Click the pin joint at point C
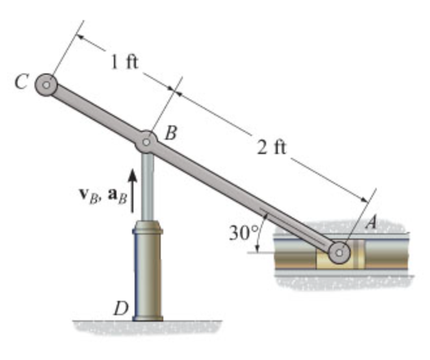pyautogui.click(x=46, y=84)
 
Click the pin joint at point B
pyautogui.click(x=147, y=141)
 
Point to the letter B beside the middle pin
pyautogui.click(x=170, y=133)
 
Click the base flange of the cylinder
pyautogui.click(x=148, y=318)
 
